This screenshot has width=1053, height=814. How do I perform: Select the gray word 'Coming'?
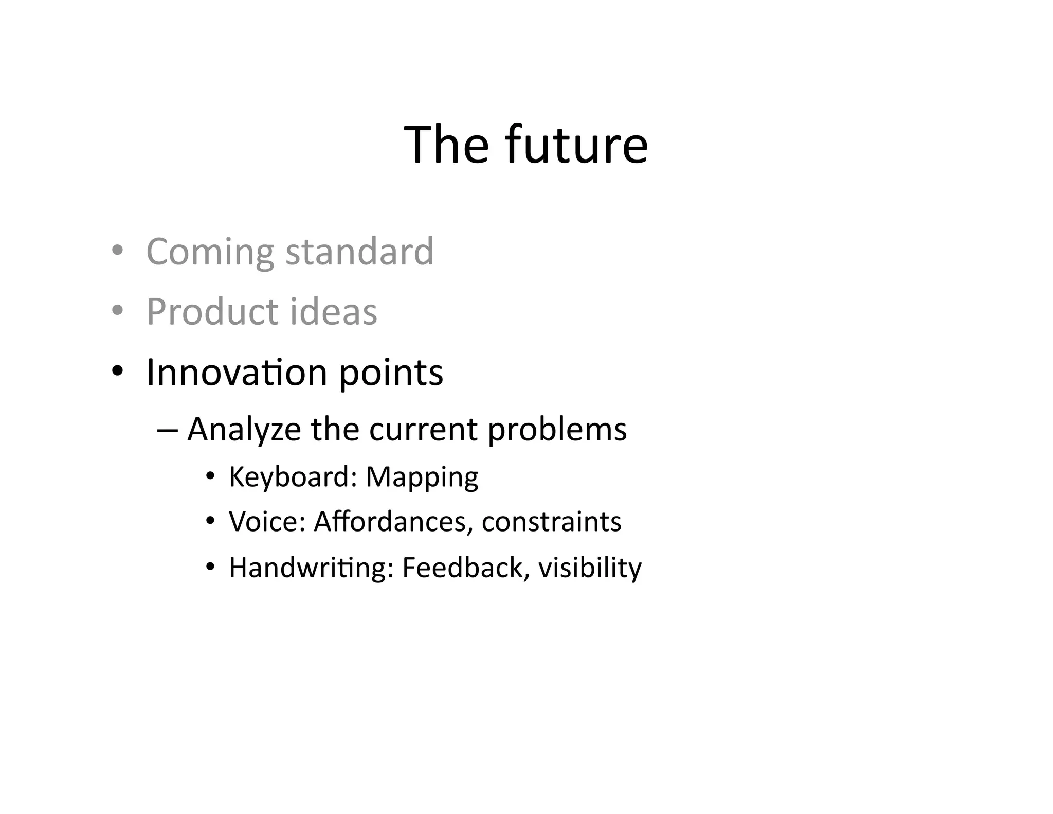[210, 252]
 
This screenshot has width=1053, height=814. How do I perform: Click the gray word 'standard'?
[359, 252]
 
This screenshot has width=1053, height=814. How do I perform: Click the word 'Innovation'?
[237, 372]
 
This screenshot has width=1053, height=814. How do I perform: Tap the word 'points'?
[391, 372]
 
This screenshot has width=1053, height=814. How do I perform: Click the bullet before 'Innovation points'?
[117, 370]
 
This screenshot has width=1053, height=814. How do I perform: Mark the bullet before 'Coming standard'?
[117, 251]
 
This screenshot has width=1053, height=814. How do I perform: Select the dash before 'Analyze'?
[167, 430]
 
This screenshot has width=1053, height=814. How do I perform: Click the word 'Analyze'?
[244, 430]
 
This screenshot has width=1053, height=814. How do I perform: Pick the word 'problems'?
[557, 430]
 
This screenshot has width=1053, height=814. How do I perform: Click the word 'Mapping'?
[422, 477]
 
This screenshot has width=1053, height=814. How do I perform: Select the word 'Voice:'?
[267, 522]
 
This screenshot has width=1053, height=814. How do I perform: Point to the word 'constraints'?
[551, 522]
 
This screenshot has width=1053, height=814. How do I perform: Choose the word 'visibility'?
[590, 568]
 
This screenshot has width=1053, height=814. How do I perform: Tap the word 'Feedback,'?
[465, 568]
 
